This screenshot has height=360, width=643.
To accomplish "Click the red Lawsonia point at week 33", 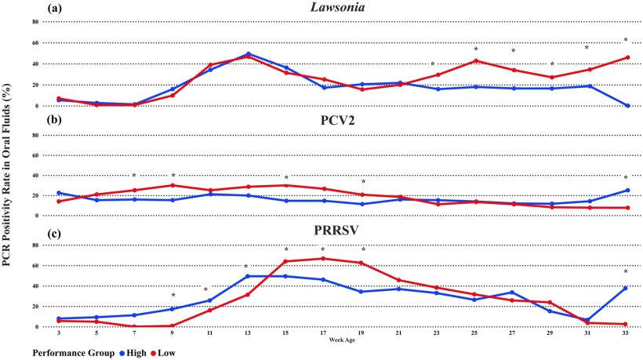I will [x=626, y=57].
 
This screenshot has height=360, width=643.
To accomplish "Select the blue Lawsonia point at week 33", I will [x=626, y=105].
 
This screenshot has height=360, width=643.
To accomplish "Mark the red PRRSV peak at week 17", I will [x=322, y=259].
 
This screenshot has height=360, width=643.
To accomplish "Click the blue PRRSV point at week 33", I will [x=626, y=288].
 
